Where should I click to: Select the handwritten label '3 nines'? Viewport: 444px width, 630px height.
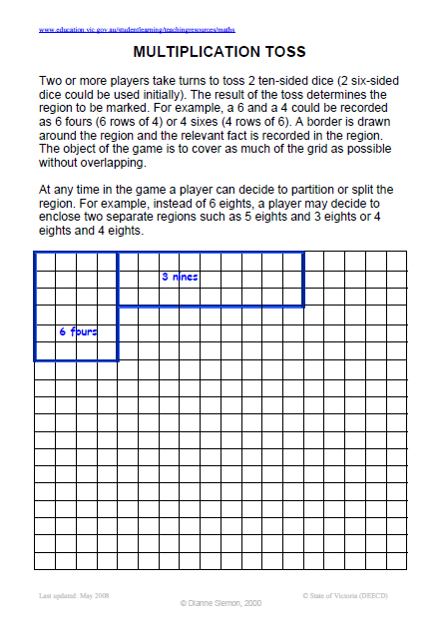(180, 277)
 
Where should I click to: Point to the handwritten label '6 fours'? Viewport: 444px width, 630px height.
(77, 330)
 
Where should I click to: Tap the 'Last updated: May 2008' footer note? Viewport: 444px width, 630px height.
(73, 595)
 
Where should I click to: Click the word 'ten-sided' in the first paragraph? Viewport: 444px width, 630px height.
(271, 78)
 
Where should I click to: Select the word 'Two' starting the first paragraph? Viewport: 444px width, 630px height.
(51, 78)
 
